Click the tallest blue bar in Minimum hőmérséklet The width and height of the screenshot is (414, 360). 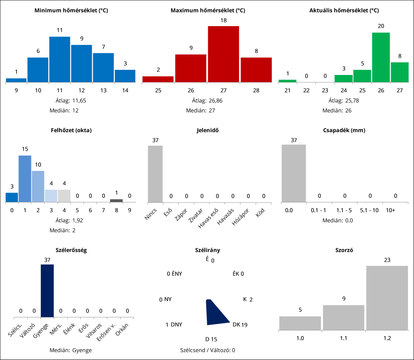[x=60, y=60]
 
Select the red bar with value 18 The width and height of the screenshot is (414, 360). [x=223, y=54]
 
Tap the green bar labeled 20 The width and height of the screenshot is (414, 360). [x=381, y=57]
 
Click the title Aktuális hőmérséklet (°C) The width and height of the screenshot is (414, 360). [x=344, y=10]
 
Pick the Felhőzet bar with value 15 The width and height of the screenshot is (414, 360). [x=25, y=179]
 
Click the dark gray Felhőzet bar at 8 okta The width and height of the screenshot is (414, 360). [x=116, y=201]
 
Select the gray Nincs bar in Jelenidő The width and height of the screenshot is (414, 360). [x=155, y=173]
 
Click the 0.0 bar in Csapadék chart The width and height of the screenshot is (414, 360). [x=294, y=173]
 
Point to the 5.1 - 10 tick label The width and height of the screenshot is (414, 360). [x=369, y=210]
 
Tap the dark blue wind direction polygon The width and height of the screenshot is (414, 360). [x=217, y=314]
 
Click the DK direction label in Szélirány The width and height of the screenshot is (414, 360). [x=236, y=324]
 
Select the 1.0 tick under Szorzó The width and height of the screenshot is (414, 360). [x=300, y=337]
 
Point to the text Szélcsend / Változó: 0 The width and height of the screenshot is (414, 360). [x=207, y=350]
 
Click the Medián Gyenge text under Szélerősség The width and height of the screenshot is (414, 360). [x=71, y=350]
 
